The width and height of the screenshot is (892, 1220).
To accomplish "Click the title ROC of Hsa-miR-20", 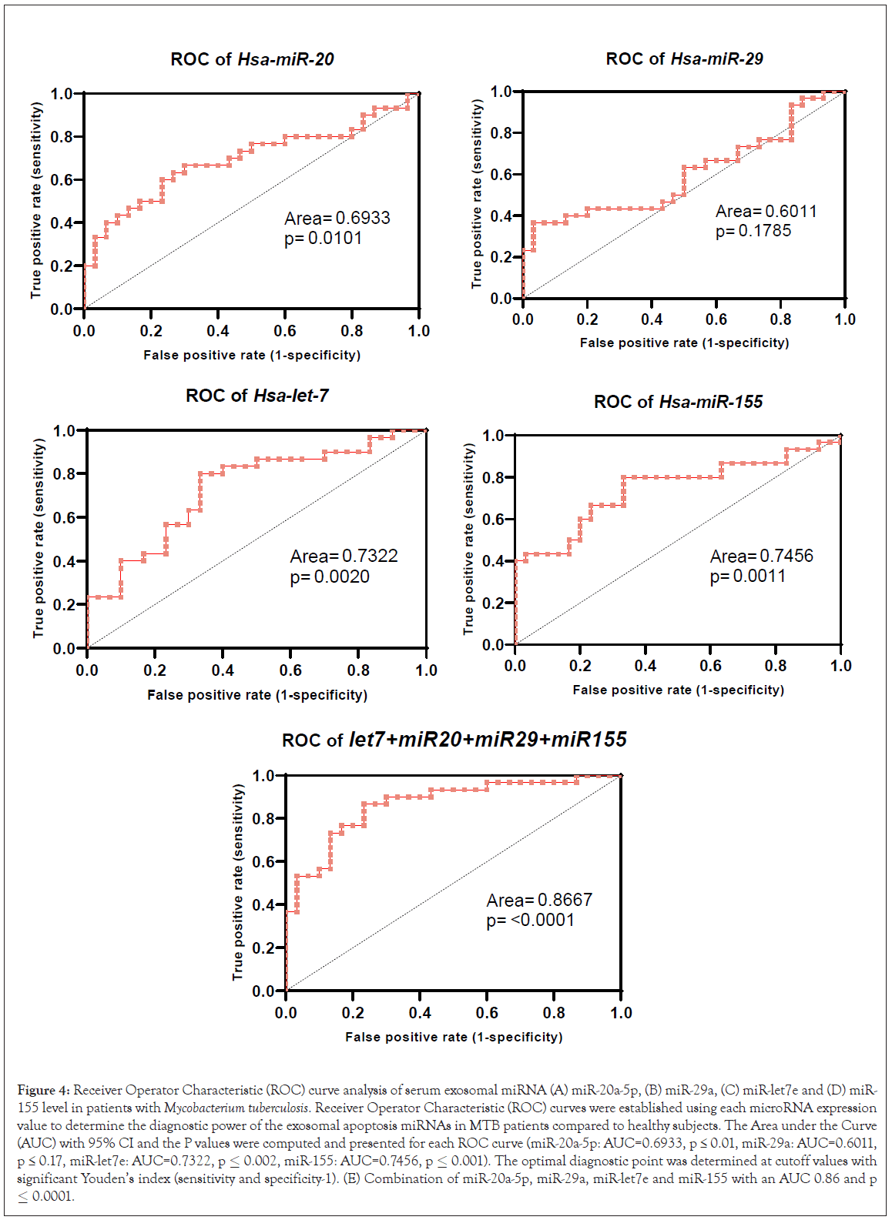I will [252, 59].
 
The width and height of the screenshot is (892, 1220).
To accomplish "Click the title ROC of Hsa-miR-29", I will [684, 58].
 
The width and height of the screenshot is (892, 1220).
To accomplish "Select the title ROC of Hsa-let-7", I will [257, 396].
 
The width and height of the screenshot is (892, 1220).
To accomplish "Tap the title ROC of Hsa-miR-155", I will [678, 402].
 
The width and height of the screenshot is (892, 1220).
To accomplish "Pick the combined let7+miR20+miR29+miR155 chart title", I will [454, 740].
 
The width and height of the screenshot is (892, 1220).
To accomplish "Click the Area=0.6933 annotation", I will [337, 219].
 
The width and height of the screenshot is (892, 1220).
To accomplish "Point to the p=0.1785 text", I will [753, 231].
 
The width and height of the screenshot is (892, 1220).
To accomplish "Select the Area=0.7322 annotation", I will [344, 556].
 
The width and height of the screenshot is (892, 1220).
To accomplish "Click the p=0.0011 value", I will [747, 577].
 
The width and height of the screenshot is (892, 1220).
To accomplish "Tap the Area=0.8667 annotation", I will [539, 900].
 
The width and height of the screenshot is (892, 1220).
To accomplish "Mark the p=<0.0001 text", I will [530, 921].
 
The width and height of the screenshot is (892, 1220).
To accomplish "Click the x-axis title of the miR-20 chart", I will [252, 355].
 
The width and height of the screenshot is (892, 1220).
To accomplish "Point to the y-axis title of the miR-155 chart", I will [468, 539].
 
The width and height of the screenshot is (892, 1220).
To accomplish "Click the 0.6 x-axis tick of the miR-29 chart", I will [716, 319].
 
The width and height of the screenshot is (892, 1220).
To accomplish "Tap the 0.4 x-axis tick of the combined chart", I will [420, 1013].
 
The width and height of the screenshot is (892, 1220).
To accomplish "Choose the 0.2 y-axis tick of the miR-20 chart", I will [62, 266].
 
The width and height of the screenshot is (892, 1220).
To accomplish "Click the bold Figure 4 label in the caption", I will [43, 1090].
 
